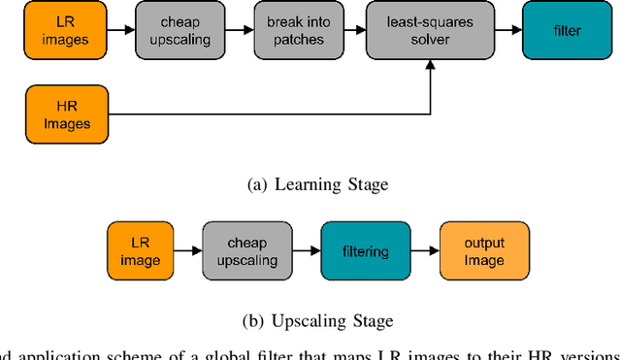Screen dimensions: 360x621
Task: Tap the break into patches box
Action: (x=289, y=31)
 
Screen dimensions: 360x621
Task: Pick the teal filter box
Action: (x=567, y=31)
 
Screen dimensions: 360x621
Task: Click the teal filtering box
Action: (x=365, y=251)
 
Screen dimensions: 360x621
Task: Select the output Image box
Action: (x=484, y=251)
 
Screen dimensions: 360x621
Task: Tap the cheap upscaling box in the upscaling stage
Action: (x=246, y=251)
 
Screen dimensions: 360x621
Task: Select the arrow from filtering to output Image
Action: (x=423, y=251)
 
